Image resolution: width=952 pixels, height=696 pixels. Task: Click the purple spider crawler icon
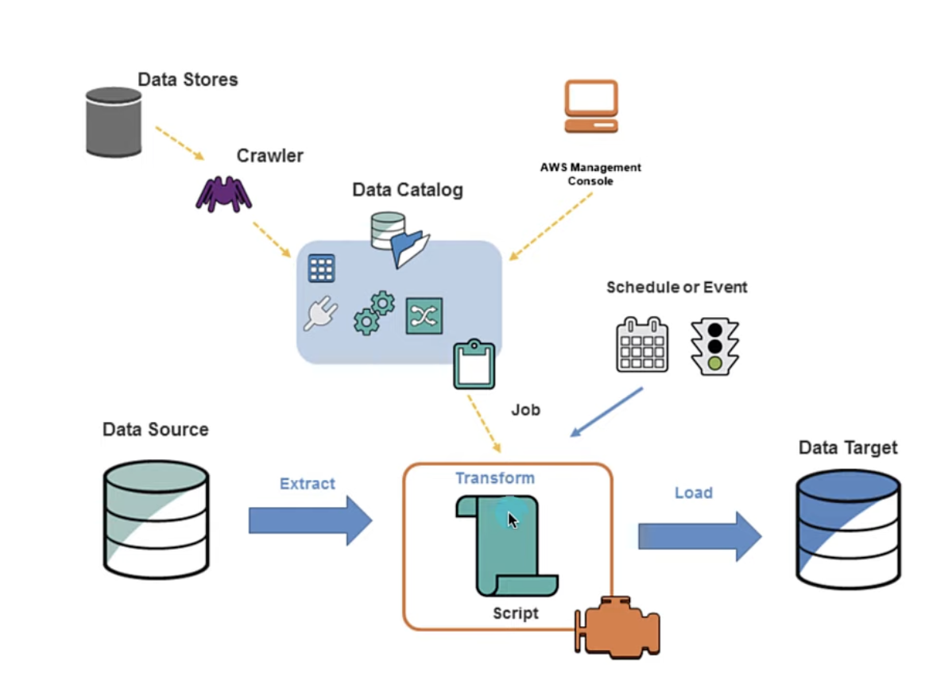[x=224, y=193]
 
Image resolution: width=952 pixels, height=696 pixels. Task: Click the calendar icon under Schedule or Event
[x=642, y=345]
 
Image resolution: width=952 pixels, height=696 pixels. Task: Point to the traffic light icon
[x=714, y=346]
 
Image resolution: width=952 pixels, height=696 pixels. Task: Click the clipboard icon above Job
[x=474, y=365]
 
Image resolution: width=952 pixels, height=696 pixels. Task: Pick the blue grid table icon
[x=321, y=269]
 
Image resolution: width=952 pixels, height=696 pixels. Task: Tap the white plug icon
[x=319, y=315]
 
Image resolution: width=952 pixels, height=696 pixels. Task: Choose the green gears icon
[x=373, y=312]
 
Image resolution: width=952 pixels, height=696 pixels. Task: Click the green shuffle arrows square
[x=424, y=316]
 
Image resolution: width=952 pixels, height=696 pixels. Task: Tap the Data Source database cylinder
[x=156, y=517]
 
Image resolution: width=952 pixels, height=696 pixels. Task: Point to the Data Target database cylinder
[x=849, y=528]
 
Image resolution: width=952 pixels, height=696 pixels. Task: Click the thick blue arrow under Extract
[x=310, y=520]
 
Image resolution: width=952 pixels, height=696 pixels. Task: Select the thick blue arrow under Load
[x=699, y=536]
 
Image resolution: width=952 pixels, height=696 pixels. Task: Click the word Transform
[x=494, y=478]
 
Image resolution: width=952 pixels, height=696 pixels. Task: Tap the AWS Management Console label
[x=590, y=174]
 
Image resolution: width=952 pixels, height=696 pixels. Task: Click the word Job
[x=525, y=410]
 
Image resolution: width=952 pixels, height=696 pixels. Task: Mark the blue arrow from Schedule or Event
[x=606, y=412]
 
